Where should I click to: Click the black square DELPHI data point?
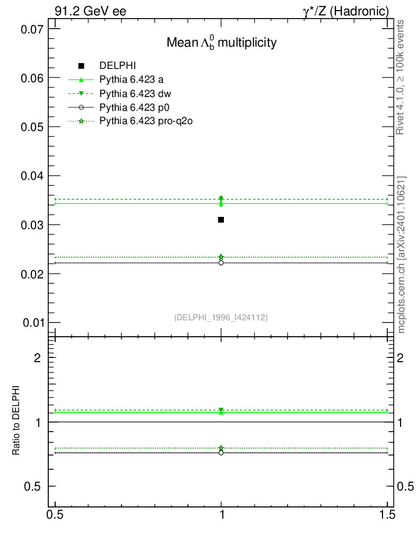221,220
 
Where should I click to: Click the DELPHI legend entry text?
118,66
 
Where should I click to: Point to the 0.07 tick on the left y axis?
31,29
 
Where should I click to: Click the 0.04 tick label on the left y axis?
31,176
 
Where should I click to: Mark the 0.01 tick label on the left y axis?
31,322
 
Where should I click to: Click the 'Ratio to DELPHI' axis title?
16,421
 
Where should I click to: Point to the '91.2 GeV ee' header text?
90,11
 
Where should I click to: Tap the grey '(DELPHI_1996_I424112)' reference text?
221,317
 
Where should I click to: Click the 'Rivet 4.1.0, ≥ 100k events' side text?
401,77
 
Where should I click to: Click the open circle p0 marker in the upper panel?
221,262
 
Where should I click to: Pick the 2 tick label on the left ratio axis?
37,357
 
